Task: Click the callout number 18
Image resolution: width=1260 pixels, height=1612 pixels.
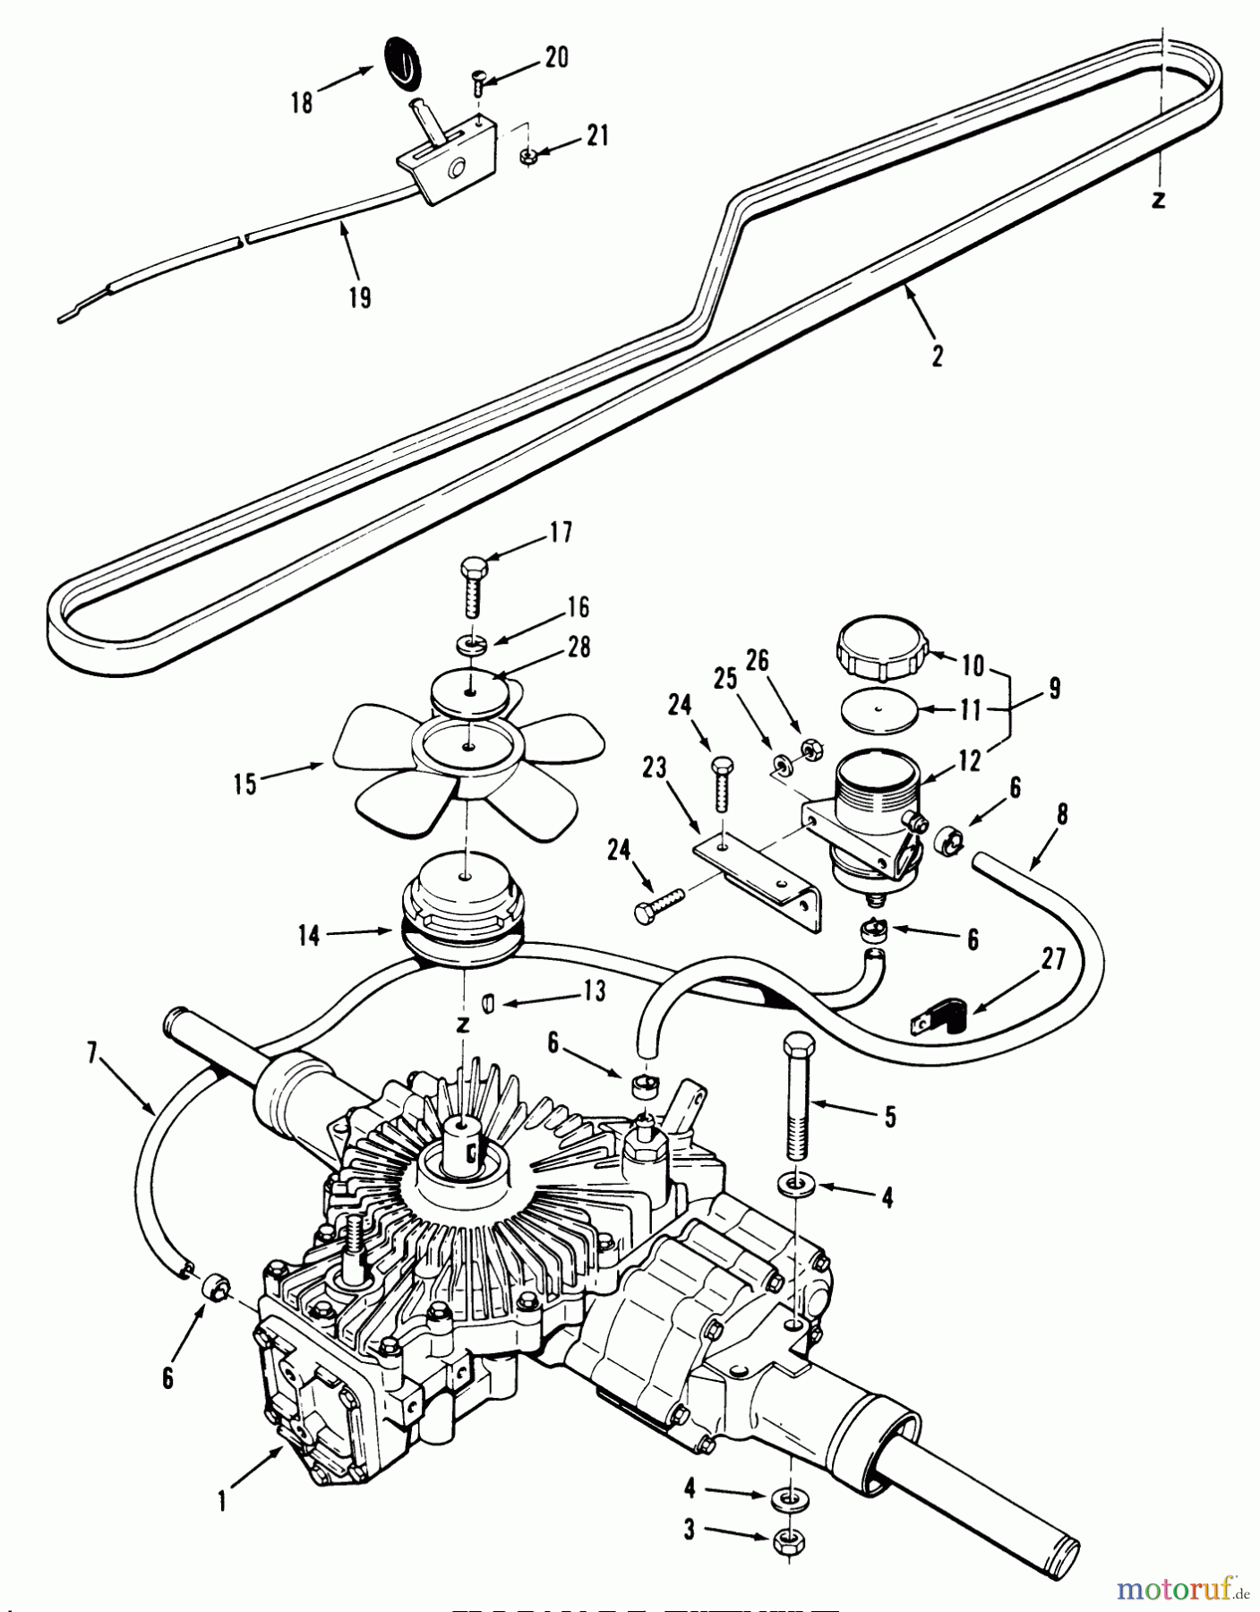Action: click(x=303, y=102)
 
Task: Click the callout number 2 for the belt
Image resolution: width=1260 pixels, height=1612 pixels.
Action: click(x=937, y=356)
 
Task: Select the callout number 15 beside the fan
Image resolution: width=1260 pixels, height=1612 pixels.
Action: click(x=244, y=785)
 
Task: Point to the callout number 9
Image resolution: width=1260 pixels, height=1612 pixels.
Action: click(x=1054, y=690)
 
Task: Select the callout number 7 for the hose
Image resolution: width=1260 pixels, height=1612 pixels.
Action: click(x=93, y=1053)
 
